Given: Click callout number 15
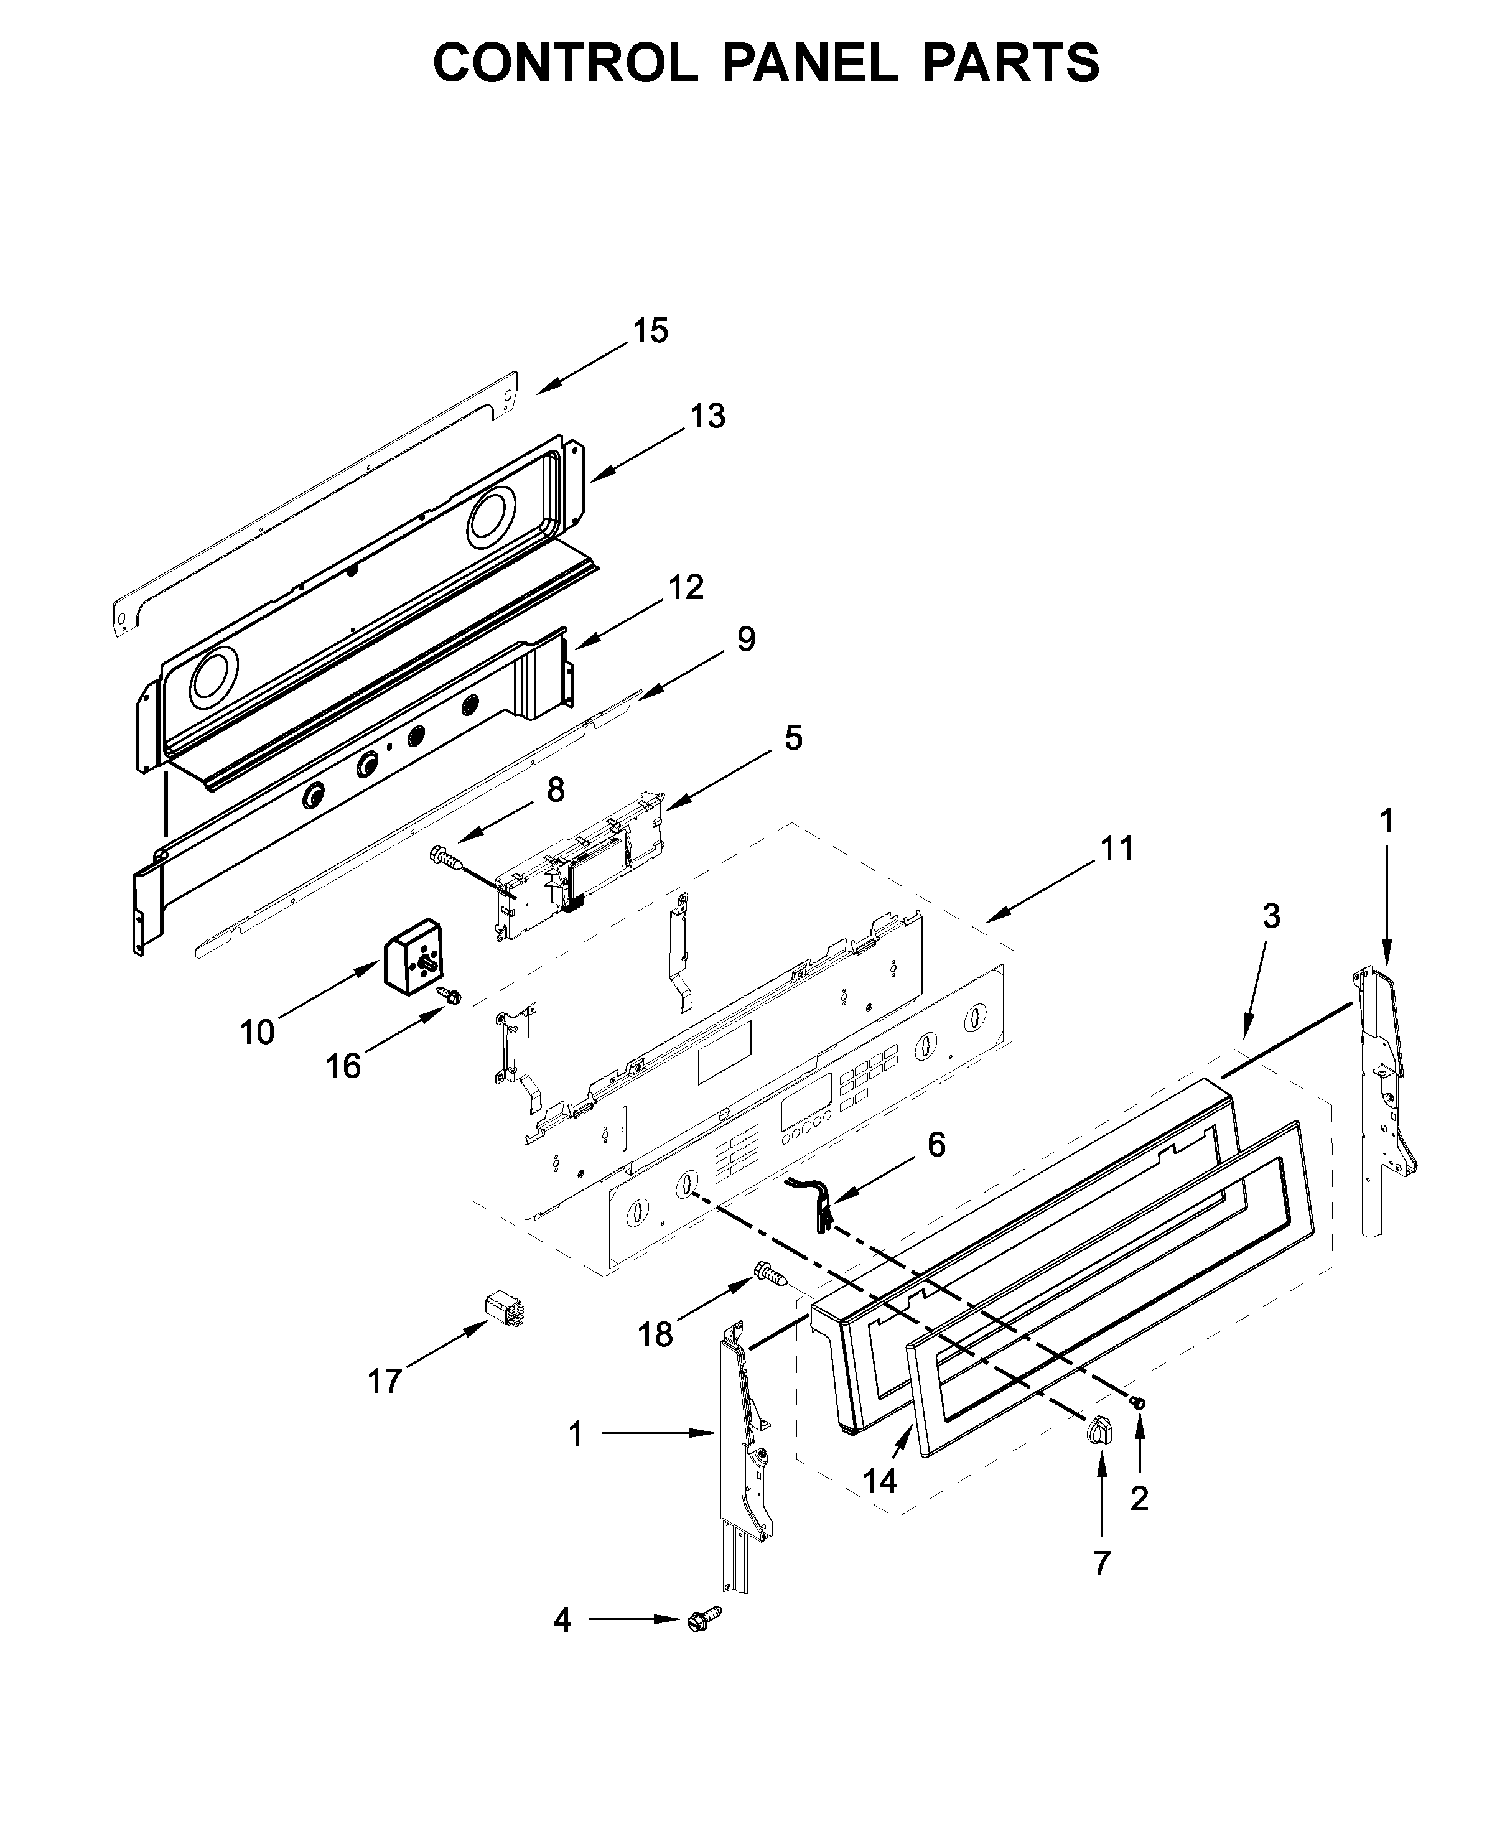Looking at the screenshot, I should (651, 331).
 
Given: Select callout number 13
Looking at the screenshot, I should (707, 416).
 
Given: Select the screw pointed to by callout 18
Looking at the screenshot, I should (770, 1296).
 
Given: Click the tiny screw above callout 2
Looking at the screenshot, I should (1139, 1402).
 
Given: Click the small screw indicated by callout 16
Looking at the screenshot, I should (449, 995).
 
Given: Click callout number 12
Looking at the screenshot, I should (686, 588).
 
